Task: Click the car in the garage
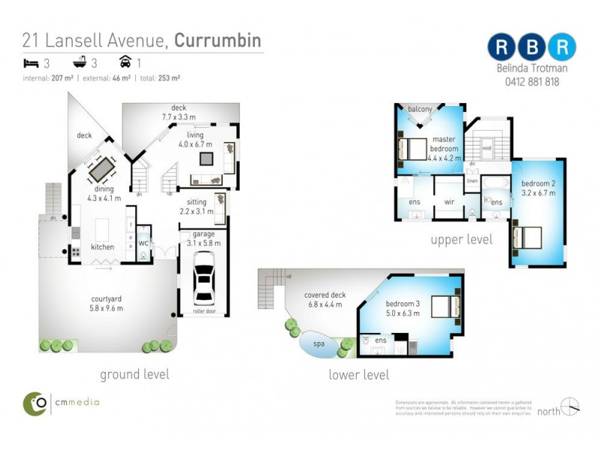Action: pos(204,276)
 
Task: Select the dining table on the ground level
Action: pos(101,169)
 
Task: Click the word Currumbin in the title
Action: pos(218,39)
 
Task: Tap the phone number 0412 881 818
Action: pos(532,82)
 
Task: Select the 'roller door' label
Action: pos(204,310)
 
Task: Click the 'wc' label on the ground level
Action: pos(143,243)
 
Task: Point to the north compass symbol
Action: pos(570,407)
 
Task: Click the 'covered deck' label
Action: pos(326,295)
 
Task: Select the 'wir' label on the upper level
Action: pos(451,202)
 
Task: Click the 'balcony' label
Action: pos(420,110)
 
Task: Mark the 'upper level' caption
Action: pos(461,240)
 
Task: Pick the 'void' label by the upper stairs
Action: pos(487,148)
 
